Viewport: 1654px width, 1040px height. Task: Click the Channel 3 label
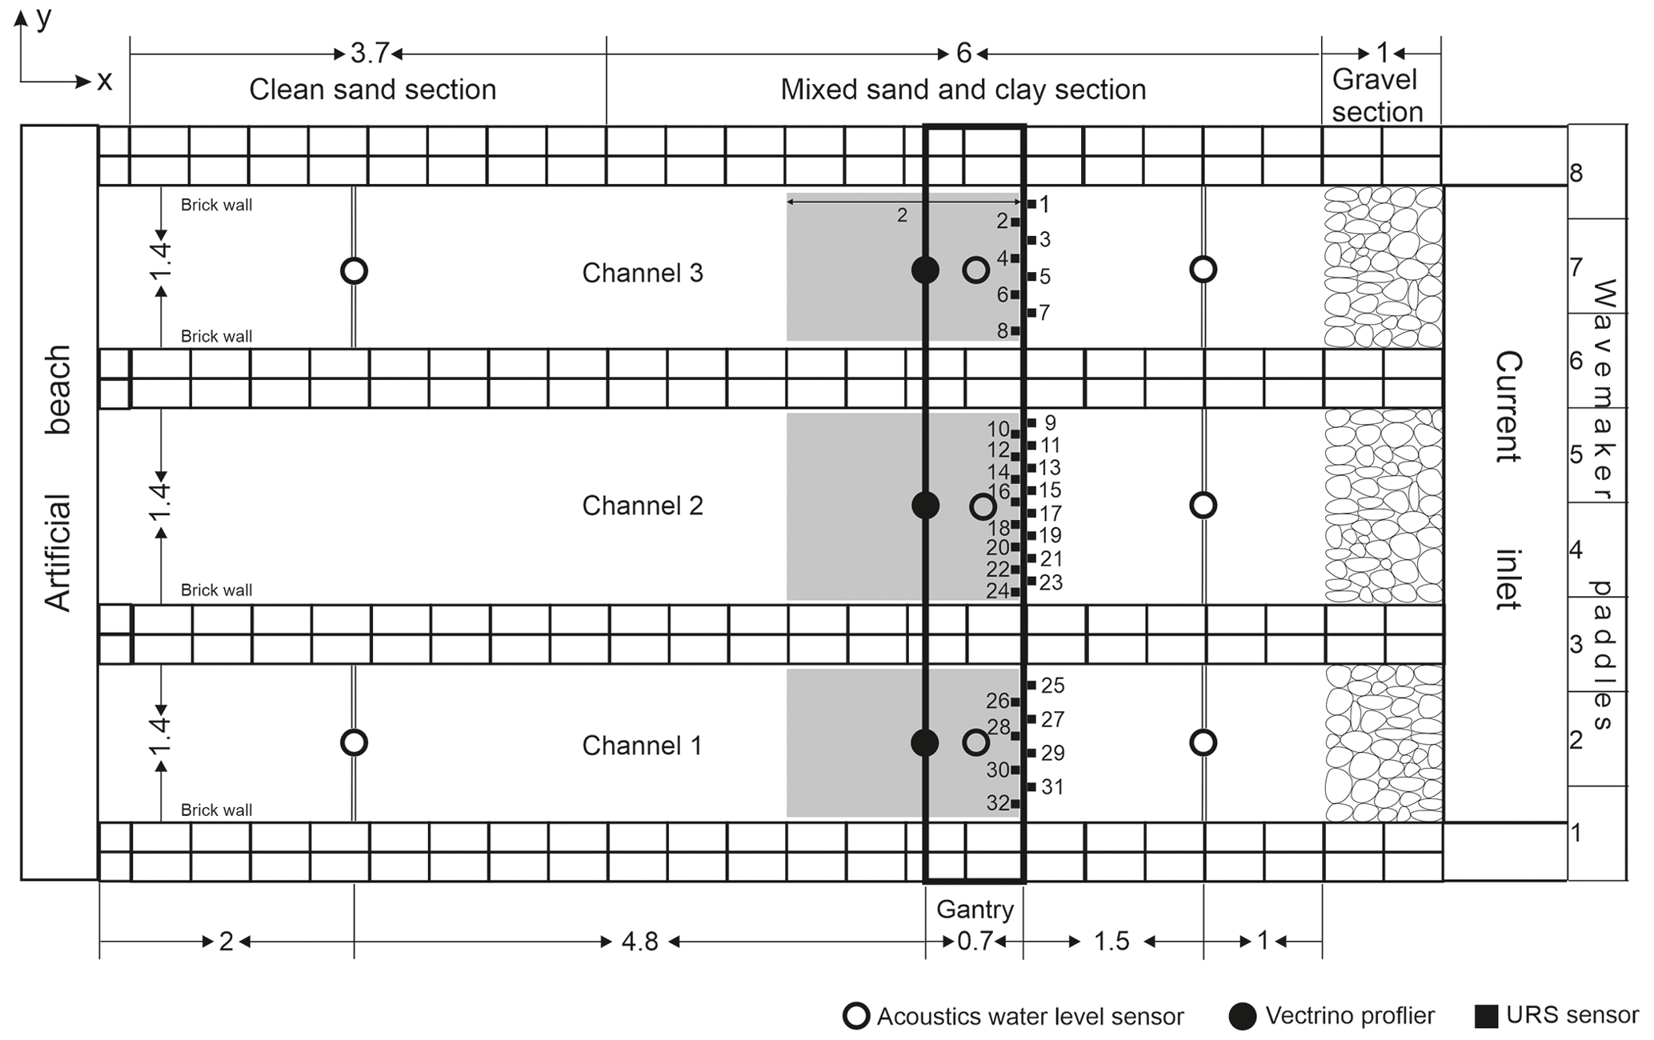(642, 273)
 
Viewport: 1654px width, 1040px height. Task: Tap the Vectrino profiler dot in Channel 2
(925, 505)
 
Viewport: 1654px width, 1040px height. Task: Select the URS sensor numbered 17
(1031, 513)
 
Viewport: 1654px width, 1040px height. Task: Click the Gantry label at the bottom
(975, 910)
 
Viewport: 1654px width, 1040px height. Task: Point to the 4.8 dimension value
(640, 942)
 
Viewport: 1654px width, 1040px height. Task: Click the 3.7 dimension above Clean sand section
(370, 54)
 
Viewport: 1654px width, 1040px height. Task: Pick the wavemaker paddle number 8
(1576, 174)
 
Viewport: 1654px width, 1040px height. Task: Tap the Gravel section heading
(1377, 95)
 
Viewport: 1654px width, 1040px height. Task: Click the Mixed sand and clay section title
(963, 90)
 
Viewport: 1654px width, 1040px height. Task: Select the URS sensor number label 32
(998, 802)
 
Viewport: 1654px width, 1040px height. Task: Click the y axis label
(44, 18)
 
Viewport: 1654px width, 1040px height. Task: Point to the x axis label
(104, 81)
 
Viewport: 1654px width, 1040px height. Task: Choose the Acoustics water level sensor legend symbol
(856, 1016)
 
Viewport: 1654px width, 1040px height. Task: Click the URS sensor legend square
(1486, 1016)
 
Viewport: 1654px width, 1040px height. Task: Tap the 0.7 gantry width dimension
(975, 942)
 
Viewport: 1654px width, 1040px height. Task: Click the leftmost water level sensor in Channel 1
(354, 742)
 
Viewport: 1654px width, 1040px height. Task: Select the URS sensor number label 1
(1044, 204)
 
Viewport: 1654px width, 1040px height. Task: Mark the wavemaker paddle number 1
(1576, 833)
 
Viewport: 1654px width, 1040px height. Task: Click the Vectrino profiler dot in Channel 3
(925, 270)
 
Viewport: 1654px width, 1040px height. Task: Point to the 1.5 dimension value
(1111, 942)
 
